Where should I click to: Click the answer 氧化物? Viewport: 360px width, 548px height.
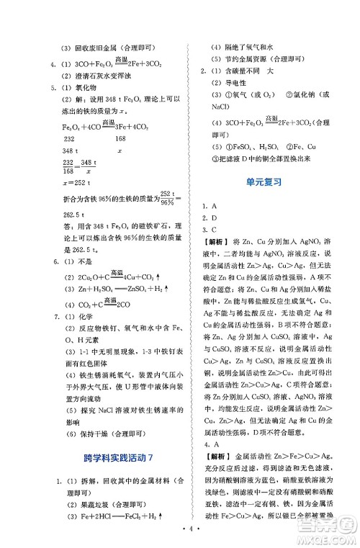click(x=94, y=88)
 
